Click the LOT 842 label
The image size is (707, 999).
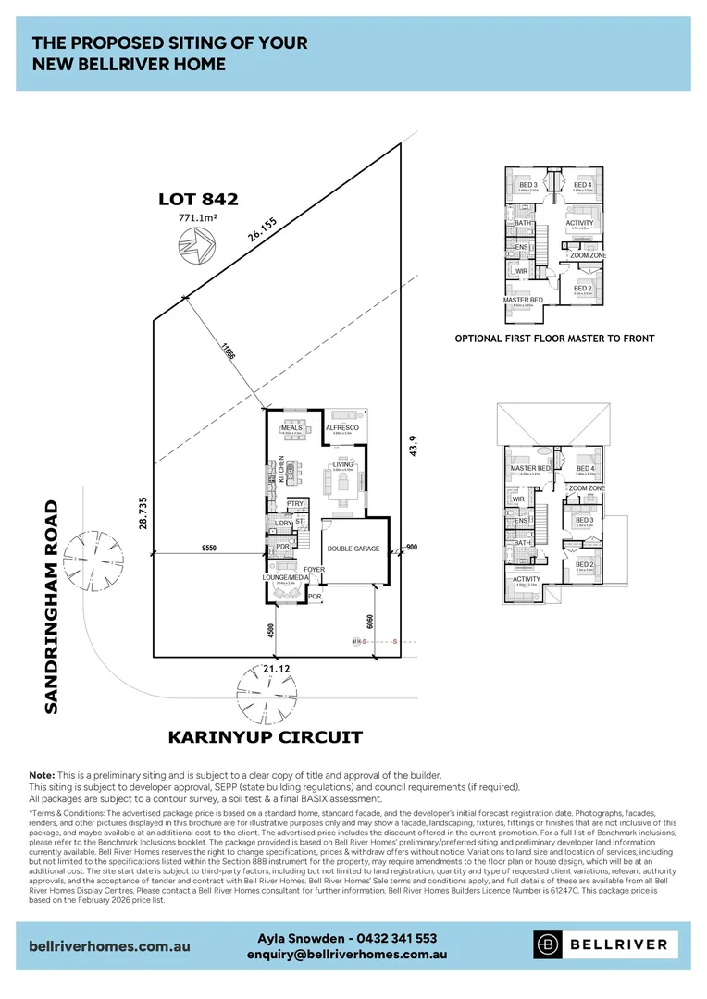pyautogui.click(x=198, y=198)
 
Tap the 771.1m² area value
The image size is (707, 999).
pyautogui.click(x=198, y=218)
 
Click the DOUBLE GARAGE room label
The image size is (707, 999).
pyautogui.click(x=353, y=549)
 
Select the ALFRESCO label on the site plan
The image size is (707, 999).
pyautogui.click(x=342, y=428)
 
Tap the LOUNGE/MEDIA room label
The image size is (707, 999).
pyautogui.click(x=285, y=577)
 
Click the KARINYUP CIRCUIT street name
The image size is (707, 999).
pyautogui.click(x=265, y=737)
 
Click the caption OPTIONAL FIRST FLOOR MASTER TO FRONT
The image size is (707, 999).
pyautogui.click(x=554, y=339)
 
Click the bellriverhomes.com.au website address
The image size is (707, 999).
pyautogui.click(x=109, y=946)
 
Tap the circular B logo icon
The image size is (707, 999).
pyautogui.click(x=548, y=944)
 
